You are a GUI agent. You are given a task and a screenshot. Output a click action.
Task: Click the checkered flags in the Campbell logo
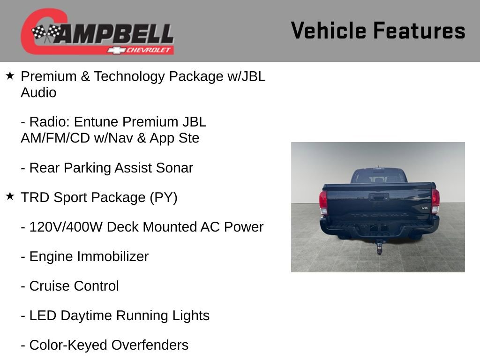point(46,32)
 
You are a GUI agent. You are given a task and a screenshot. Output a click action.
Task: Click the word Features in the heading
point(419,30)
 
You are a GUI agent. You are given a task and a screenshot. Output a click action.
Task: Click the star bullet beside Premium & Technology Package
point(10,75)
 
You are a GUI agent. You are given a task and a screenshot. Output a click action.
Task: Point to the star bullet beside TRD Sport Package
point(10,197)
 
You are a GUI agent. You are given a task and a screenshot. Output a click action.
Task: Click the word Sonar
point(176,168)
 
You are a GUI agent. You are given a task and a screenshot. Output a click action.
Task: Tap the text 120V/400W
point(66,227)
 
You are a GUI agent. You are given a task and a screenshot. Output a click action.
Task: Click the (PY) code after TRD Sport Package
point(163,197)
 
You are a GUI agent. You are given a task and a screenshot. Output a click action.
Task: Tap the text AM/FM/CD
point(53,138)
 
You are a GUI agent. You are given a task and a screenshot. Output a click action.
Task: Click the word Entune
point(96,122)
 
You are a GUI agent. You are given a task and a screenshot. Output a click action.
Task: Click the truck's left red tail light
point(323,201)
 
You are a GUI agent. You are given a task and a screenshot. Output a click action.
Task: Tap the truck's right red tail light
point(435,201)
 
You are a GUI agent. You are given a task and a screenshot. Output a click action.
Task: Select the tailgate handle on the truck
point(378,197)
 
